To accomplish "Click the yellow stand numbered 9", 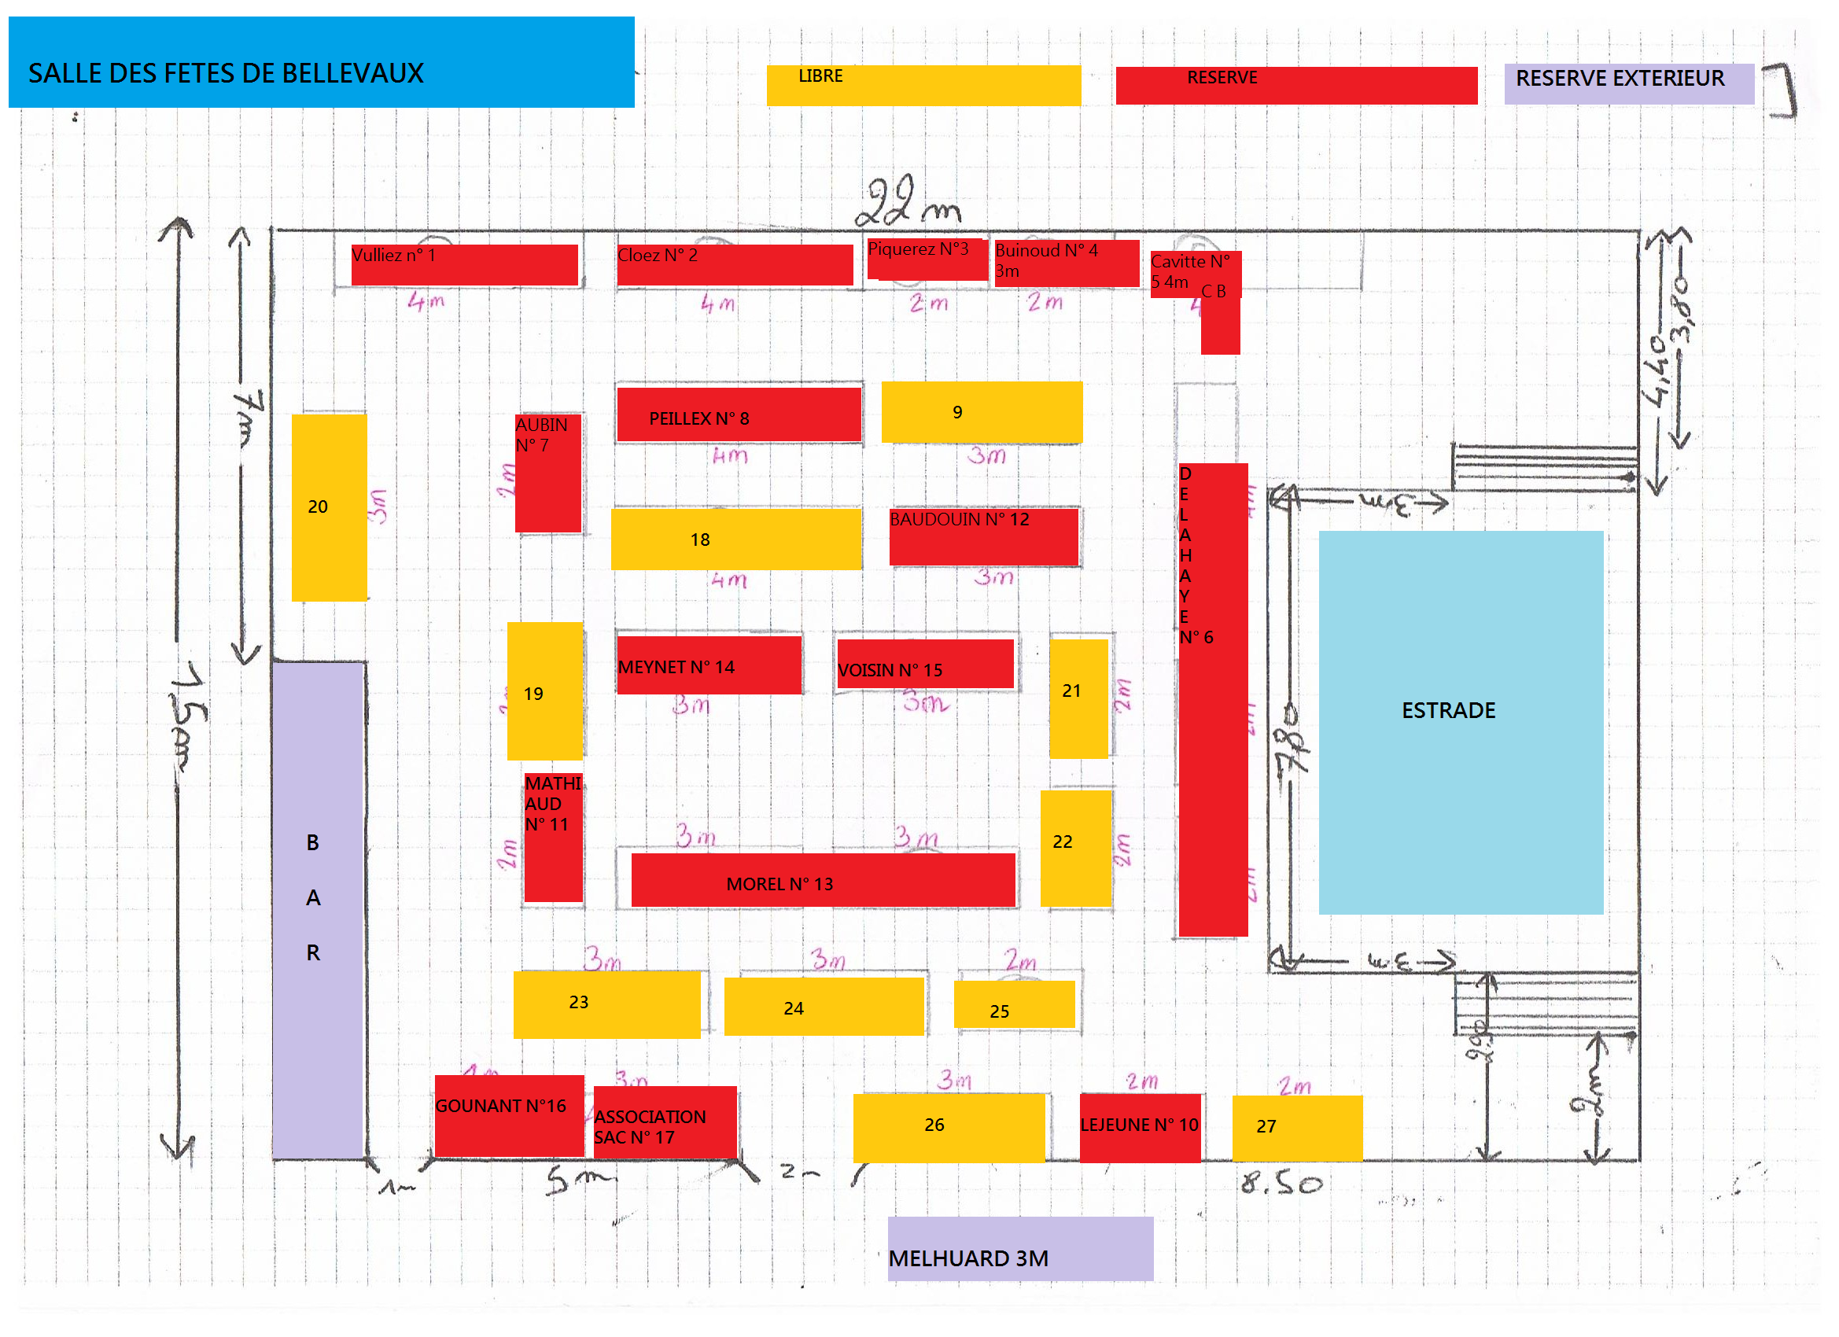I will pyautogui.click(x=981, y=412).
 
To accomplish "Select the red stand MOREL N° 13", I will pyautogui.click(x=822, y=881).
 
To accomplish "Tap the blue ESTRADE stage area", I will pyautogui.click(x=1460, y=722).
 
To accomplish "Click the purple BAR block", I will pyautogui.click(x=317, y=910).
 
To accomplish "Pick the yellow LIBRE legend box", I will pyautogui.click(x=923, y=85).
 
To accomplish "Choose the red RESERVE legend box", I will pyautogui.click(x=1295, y=85).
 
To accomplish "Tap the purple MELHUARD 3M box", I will pyautogui.click(x=1019, y=1249).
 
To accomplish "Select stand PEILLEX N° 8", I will pyautogui.click(x=738, y=414).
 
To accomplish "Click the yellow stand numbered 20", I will pyautogui.click(x=329, y=507).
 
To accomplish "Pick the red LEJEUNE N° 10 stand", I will pyautogui.click(x=1139, y=1127).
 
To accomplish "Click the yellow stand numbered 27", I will pyautogui.click(x=1295, y=1128).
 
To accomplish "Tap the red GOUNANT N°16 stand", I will pyautogui.click(x=508, y=1115).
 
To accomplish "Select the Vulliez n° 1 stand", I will pyautogui.click(x=464, y=264).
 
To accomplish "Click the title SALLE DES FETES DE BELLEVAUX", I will pyautogui.click(x=321, y=62).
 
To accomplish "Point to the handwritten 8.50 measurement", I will pyautogui.click(x=1281, y=1184).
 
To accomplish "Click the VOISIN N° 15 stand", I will pyautogui.click(x=924, y=664).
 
